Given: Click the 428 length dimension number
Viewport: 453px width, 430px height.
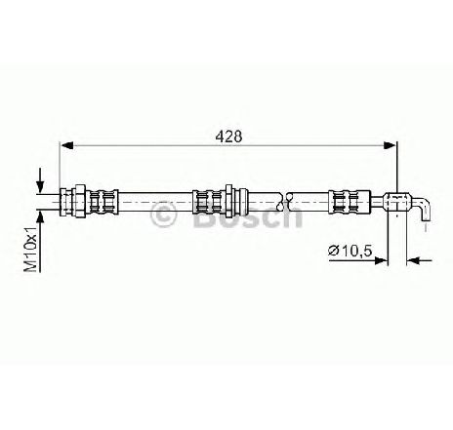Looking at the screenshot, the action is click(228, 137).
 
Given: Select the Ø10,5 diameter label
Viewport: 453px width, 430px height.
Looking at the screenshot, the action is click(350, 251).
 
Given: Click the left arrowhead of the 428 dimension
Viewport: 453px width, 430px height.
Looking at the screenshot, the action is click(66, 145).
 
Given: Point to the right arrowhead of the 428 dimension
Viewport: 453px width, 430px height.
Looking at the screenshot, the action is click(391, 145).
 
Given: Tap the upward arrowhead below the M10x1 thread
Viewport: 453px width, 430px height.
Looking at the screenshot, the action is click(40, 216).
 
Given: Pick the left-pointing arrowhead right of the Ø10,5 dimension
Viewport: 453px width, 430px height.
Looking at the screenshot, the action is click(412, 260).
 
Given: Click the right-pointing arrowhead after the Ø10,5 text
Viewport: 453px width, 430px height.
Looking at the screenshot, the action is click(382, 260).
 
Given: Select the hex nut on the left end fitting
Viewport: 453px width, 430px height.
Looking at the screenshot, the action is click(80, 202).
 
